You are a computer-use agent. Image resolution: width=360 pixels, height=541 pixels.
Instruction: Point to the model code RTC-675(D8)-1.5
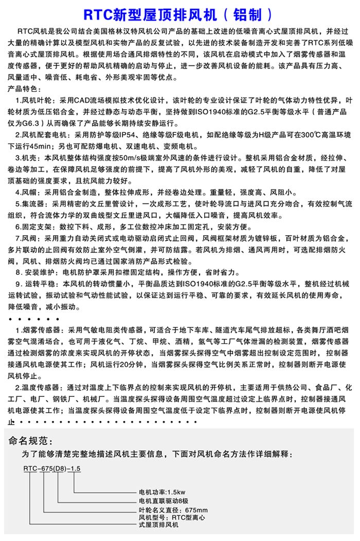point(52,468)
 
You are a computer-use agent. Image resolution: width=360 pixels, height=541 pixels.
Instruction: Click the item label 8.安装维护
point(37,272)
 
